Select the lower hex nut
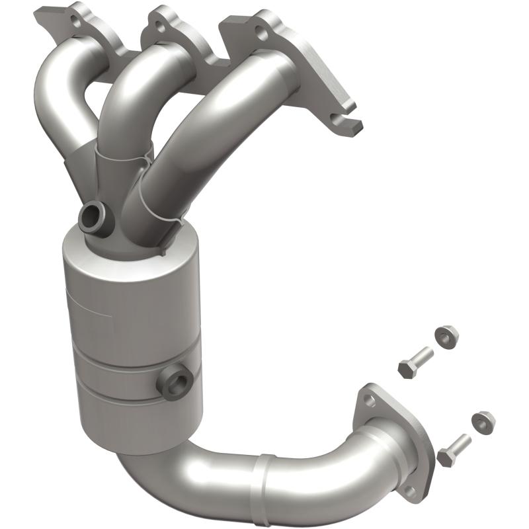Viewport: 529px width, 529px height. click(x=483, y=419)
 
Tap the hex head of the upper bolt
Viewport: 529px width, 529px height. click(x=405, y=368)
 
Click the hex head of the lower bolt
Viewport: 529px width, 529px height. click(x=445, y=456)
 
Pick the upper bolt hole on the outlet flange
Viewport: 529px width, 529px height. click(x=369, y=401)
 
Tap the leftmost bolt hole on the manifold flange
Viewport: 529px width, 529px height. click(x=77, y=21)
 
